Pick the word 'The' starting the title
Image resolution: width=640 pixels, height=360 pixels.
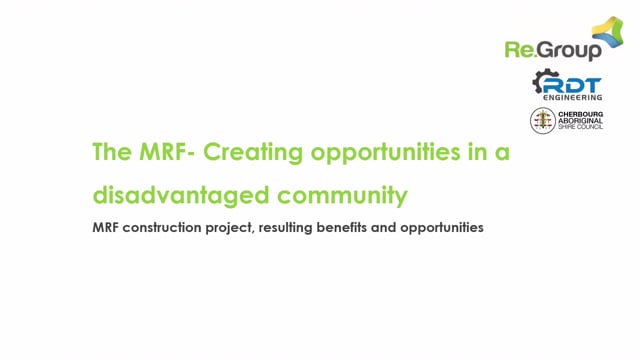point(107,153)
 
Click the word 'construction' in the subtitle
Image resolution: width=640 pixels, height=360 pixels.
point(161,227)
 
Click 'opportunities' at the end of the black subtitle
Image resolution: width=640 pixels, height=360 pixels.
point(441,227)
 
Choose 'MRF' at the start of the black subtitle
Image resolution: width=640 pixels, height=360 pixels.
point(105,227)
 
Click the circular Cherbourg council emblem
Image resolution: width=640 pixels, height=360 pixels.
point(542,121)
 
